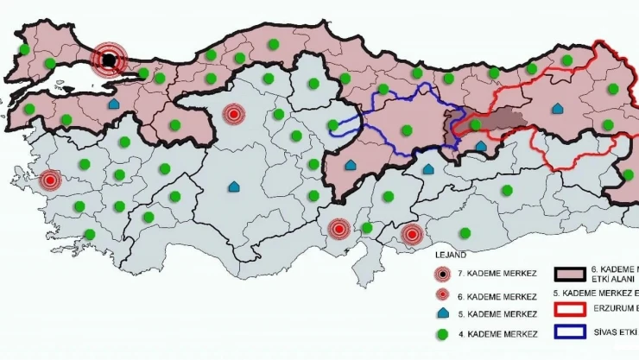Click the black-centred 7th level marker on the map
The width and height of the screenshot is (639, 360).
tap(109, 60)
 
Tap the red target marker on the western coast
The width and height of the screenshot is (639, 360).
tap(50, 181)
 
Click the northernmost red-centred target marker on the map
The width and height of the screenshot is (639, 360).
tap(233, 113)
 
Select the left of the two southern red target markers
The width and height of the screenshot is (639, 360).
tap(338, 230)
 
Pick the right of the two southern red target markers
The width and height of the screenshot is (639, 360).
tap(413, 233)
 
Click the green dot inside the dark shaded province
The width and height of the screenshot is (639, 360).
tap(474, 124)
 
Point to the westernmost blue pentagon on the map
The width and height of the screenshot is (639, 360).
tap(113, 104)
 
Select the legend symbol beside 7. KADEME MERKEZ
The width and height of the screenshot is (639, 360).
tap(443, 275)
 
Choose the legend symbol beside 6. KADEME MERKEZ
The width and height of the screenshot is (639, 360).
tap(443, 294)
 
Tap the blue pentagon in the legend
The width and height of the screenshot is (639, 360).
tap(443, 313)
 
